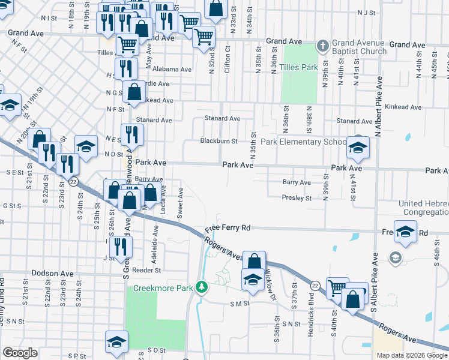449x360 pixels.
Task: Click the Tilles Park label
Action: click(298, 67)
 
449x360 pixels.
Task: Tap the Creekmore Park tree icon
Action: click(203, 288)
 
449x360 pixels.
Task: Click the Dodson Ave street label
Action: click(52, 273)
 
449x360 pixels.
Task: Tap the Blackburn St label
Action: click(219, 141)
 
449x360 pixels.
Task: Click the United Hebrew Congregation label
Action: click(424, 208)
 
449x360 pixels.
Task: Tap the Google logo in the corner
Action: click(20, 353)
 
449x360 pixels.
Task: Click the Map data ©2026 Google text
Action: click(412, 355)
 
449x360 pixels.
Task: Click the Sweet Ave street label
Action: click(179, 202)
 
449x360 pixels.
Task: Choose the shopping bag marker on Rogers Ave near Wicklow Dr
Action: click(255, 262)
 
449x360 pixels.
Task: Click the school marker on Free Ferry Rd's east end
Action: click(406, 232)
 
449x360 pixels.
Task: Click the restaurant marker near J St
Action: click(122, 246)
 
